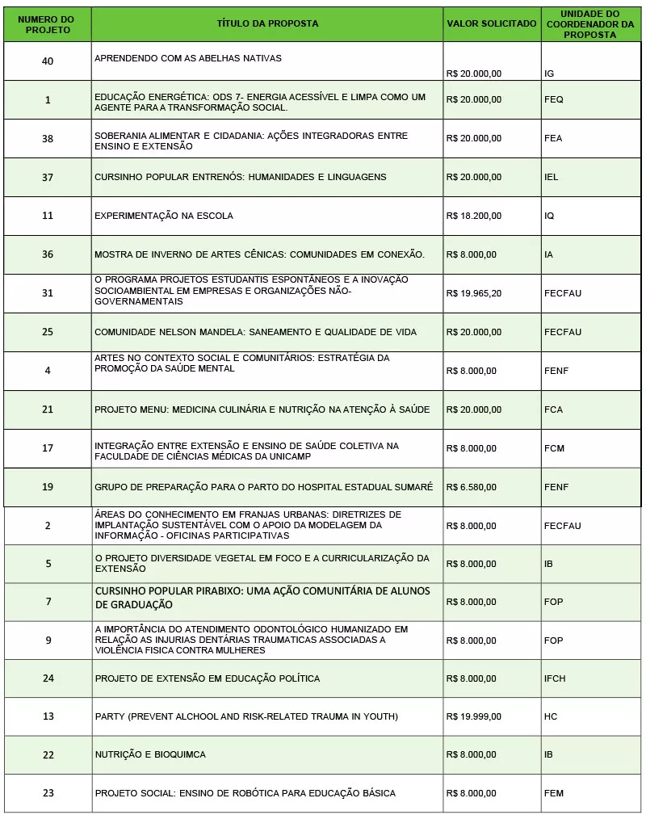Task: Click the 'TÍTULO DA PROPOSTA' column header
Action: (x=267, y=23)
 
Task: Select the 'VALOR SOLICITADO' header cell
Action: (x=491, y=23)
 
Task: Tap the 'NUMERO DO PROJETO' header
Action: (x=48, y=23)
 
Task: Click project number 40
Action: (x=48, y=61)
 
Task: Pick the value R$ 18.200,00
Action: (x=473, y=216)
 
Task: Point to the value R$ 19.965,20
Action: (x=473, y=293)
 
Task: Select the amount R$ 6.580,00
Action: (x=471, y=487)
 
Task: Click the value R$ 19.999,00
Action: (x=473, y=716)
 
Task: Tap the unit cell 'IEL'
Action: (x=551, y=177)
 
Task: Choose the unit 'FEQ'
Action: (x=553, y=99)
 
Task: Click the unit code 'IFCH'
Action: (x=554, y=678)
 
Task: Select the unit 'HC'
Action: (x=551, y=716)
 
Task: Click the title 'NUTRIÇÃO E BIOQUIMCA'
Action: (x=150, y=754)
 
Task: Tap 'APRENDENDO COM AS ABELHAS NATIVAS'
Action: (x=188, y=59)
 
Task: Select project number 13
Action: (x=48, y=716)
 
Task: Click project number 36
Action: (x=48, y=254)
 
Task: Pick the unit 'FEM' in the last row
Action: (x=553, y=793)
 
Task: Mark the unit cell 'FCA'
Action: (x=553, y=409)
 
